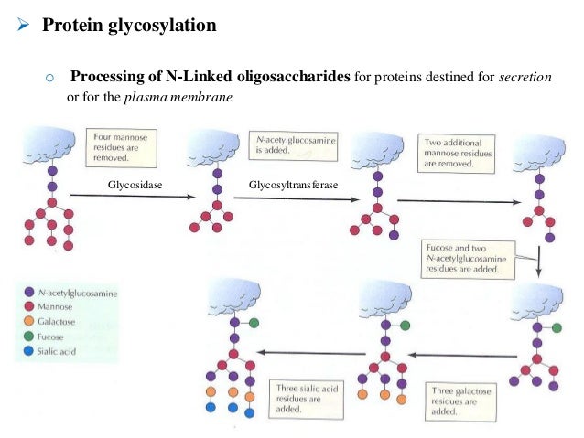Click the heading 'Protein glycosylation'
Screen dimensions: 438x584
click(129, 25)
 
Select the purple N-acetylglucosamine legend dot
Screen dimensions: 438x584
click(30, 293)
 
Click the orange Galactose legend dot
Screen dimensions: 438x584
click(30, 322)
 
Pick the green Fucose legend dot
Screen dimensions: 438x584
click(30, 336)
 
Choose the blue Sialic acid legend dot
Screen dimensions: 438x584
click(30, 350)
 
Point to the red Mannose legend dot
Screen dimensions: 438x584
click(30, 307)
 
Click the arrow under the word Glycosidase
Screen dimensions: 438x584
click(137, 197)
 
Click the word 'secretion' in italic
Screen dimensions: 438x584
click(525, 78)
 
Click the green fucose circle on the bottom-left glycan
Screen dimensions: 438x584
click(253, 322)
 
